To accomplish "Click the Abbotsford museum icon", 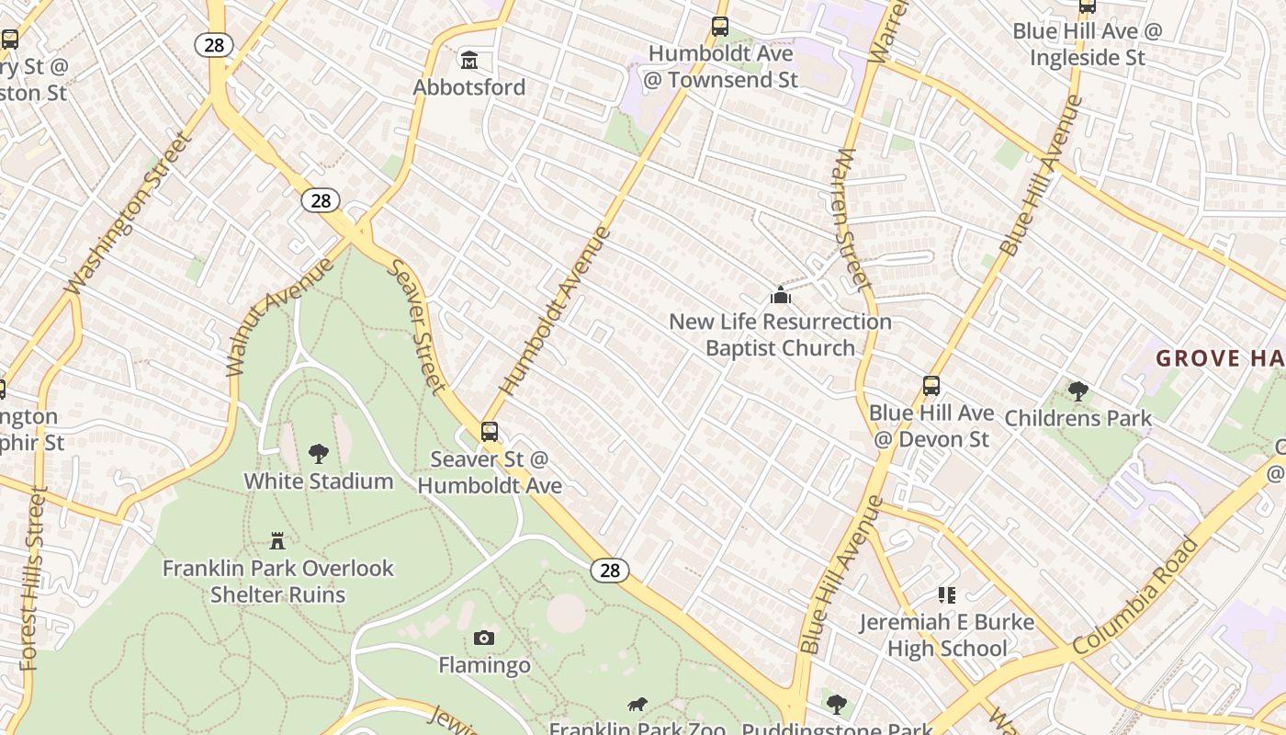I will pos(469,61).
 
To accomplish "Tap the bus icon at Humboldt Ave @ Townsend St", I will pos(720,27).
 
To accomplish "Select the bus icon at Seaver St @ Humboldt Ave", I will pos(490,431).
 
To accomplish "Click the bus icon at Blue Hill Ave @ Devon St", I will pos(931,386).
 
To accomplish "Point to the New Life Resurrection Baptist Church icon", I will pos(781,295).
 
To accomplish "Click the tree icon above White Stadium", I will pos(319,453).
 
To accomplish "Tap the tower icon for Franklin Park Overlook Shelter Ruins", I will pos(277,540).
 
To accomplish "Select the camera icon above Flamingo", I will pos(484,638).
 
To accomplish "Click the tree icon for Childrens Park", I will pos(1078,391).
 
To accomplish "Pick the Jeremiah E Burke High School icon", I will pos(946,595).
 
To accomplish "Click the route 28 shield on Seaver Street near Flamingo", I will pos(610,571).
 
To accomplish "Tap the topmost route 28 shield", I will pos(214,45).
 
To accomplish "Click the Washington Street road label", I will pos(130,215).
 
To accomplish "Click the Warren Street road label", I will pos(852,220).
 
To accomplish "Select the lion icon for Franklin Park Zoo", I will pos(637,705).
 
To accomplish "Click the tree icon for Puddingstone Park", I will pos(836,705).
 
